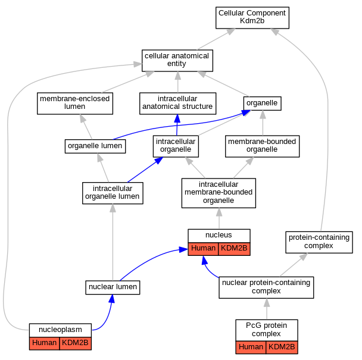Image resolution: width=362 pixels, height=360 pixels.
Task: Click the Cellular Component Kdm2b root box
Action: click(x=252, y=18)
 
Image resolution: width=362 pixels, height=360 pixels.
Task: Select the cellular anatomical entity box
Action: click(x=177, y=61)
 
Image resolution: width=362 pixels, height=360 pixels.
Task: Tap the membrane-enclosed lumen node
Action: click(x=75, y=104)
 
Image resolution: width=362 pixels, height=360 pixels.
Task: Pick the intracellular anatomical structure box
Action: click(x=178, y=104)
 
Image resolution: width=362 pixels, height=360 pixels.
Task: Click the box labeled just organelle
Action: click(x=262, y=104)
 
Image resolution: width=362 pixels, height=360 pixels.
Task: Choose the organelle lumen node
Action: click(x=95, y=146)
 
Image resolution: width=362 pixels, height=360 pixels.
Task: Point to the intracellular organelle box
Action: click(x=176, y=146)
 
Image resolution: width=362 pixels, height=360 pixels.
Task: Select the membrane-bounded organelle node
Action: click(x=262, y=146)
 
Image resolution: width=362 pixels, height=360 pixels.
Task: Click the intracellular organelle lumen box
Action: click(x=113, y=193)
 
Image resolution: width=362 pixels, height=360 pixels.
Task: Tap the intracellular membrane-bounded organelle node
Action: click(x=219, y=193)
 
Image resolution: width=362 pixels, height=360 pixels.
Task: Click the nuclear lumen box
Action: click(x=113, y=287)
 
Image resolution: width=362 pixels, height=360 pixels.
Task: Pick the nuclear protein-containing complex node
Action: click(x=266, y=287)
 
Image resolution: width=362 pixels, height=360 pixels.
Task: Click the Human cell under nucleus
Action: click(x=203, y=249)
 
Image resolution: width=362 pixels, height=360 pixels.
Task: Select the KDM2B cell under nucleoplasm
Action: click(x=75, y=343)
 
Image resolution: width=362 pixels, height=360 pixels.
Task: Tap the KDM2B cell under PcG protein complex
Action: click(x=282, y=348)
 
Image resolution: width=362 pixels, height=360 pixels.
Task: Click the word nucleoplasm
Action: click(x=60, y=330)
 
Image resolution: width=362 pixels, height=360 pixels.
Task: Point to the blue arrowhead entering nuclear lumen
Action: click(x=112, y=299)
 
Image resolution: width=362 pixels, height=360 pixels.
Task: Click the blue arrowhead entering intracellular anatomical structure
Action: click(x=177, y=118)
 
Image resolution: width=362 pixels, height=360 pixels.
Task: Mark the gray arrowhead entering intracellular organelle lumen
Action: click(x=113, y=208)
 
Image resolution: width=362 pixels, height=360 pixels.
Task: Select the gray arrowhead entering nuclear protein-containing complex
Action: click(x=267, y=302)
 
